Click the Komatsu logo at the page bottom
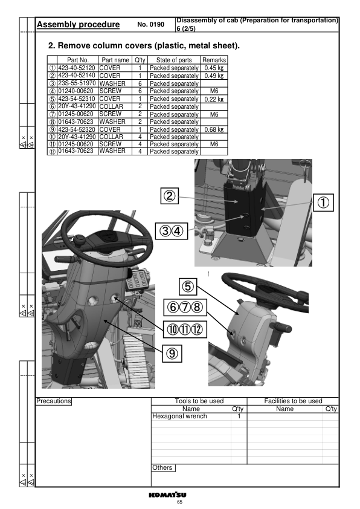click(168, 494)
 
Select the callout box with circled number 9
click(172, 353)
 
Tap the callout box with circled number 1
click(323, 203)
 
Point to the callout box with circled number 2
click(170, 196)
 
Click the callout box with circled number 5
click(188, 287)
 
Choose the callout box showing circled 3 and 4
click(172, 231)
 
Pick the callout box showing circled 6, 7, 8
click(185, 307)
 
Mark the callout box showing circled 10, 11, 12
click(185, 329)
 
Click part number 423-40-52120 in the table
click(77, 68)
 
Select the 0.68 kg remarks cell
click(214, 129)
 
